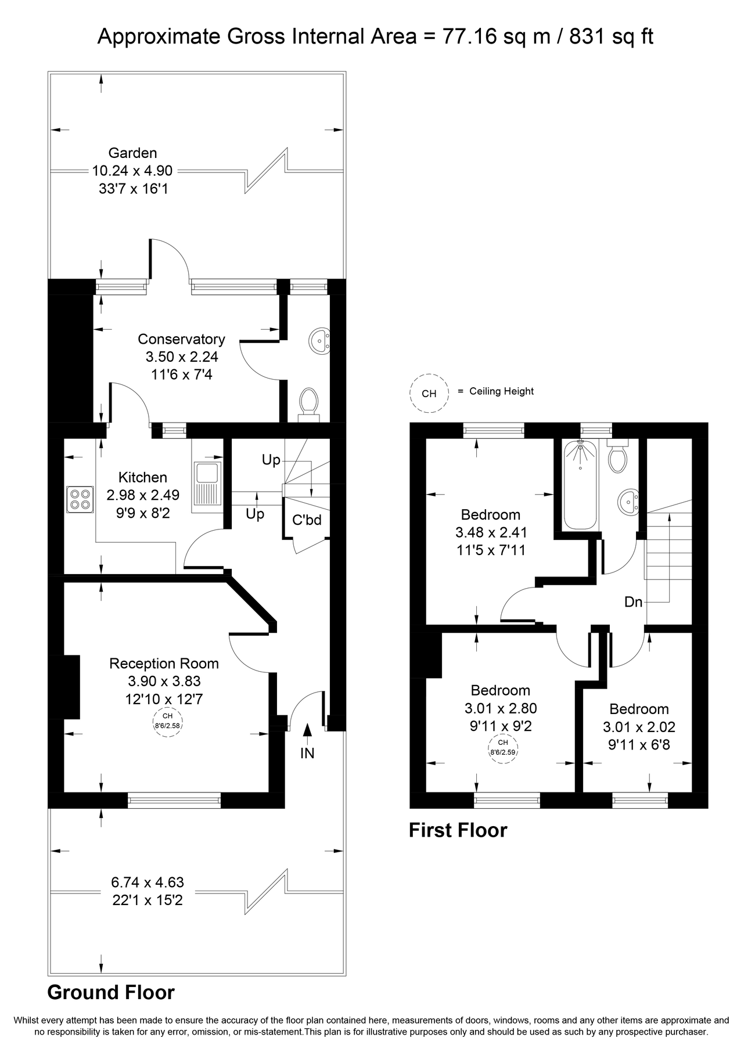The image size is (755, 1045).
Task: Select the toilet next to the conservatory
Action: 308,402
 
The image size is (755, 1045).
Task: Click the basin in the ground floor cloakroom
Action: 319,340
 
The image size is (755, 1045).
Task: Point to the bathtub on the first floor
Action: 580,485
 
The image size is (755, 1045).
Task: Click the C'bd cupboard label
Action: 307,520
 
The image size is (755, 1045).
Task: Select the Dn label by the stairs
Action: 633,602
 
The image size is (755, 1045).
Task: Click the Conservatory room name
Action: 181,339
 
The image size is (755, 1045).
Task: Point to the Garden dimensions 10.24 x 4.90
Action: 132,171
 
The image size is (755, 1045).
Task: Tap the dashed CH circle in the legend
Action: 429,394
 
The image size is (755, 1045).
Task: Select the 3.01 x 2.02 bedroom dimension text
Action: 639,727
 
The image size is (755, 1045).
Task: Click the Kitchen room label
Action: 143,477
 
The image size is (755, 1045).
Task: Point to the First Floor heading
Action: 458,830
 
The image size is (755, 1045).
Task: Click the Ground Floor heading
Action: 111,992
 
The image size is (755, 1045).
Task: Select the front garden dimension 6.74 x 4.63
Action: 148,882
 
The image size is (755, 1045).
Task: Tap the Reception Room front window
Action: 174,801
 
